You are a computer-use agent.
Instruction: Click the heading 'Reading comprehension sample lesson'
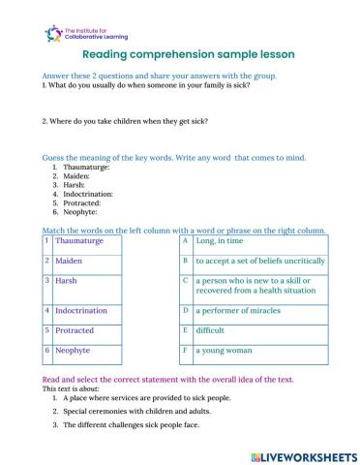click(x=188, y=55)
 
